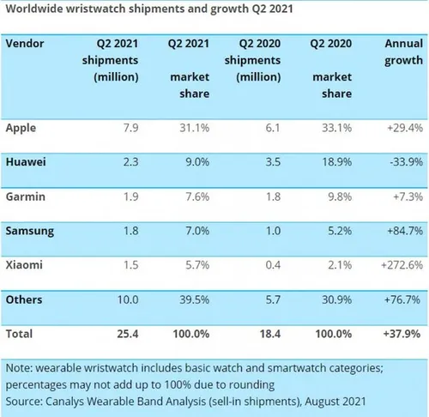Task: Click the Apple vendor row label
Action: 22,128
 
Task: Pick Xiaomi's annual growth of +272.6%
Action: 401,264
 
